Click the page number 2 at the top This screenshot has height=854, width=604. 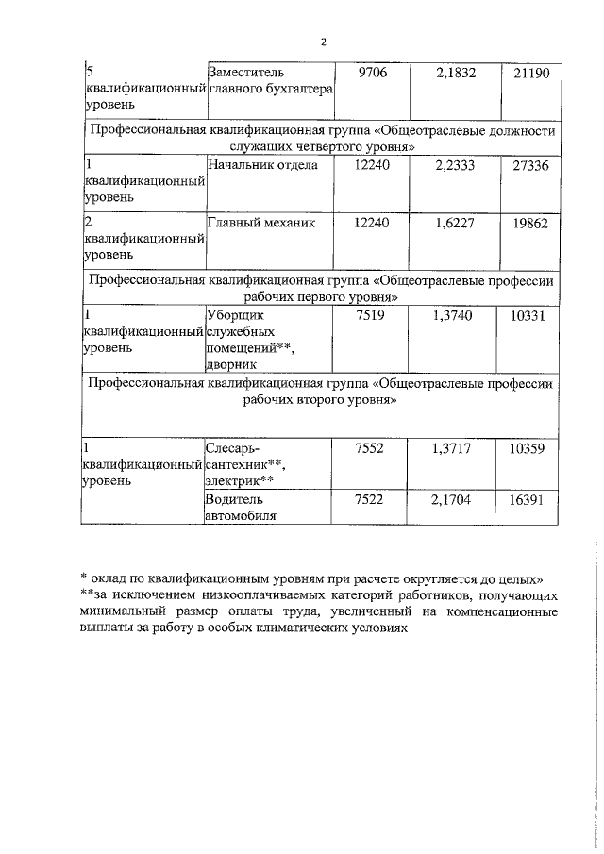tap(323, 42)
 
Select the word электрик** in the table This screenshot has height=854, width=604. tap(240, 479)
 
